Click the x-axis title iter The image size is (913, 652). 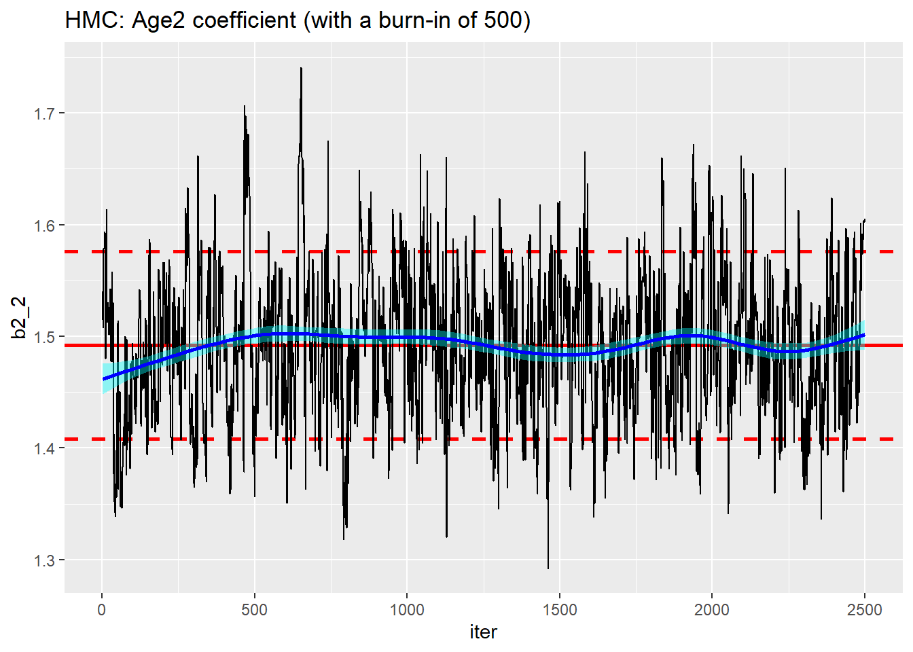483,632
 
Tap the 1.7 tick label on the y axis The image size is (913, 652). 45,113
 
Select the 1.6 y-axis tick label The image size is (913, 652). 45,225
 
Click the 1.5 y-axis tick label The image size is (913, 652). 45,337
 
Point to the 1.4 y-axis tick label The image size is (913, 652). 45,449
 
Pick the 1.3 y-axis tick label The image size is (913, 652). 45,560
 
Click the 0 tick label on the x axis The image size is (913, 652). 102,610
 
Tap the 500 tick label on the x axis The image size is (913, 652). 254,610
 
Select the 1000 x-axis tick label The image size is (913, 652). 407,610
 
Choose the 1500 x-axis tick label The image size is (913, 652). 559,610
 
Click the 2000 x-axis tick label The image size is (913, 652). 712,610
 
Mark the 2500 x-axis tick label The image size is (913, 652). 864,610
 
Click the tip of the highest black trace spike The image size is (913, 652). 301,68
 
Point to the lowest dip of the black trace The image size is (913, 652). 548,568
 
